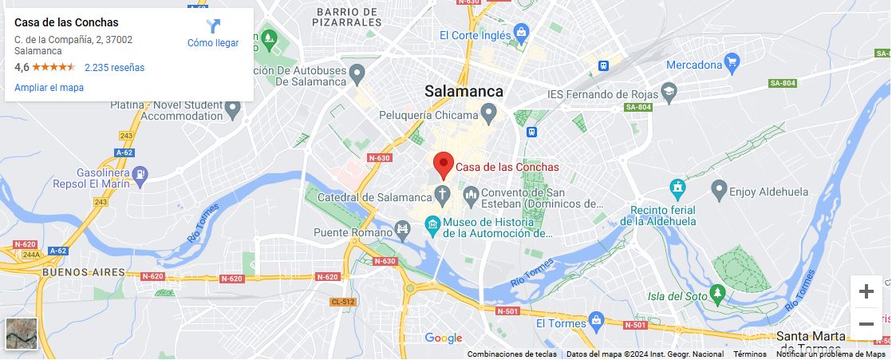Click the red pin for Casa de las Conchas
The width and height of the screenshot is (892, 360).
coord(444,164)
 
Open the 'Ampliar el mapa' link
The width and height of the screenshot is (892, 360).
coord(49,88)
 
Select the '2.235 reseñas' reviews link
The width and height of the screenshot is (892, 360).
coord(114,68)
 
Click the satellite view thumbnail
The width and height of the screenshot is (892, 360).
coord(22,334)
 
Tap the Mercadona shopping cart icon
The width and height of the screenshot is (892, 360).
coord(732,63)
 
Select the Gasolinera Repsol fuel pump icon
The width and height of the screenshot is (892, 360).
coord(140,173)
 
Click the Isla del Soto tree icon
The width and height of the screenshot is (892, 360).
coord(718,294)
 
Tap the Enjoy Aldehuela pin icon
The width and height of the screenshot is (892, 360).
coord(719,191)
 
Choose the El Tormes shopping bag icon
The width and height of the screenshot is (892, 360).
coord(595,322)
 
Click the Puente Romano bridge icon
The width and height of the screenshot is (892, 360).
coord(403,231)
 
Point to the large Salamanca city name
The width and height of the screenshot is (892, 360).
coord(464,91)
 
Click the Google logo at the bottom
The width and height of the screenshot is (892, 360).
coord(444,338)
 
